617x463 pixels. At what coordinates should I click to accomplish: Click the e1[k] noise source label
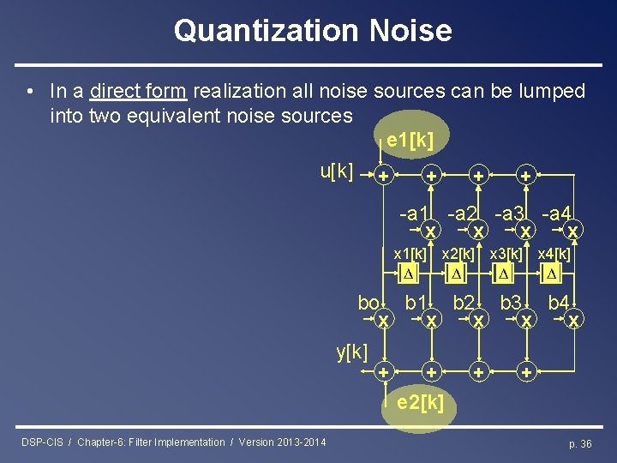tap(410, 140)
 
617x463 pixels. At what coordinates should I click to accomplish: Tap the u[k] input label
tap(337, 171)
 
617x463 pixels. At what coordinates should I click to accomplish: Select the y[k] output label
tap(352, 351)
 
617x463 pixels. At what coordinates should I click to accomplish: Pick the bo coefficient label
tap(368, 303)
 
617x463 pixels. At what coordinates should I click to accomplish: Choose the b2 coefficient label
tap(464, 303)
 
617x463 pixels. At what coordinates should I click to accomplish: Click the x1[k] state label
tap(410, 254)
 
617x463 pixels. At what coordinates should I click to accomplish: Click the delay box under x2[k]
tap(457, 274)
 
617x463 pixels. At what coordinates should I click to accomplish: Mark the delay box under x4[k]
tap(552, 274)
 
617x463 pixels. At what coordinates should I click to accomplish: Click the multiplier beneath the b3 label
tap(527, 320)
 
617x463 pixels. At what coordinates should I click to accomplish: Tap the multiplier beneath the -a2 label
tap(479, 231)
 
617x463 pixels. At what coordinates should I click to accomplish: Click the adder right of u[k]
tap(384, 176)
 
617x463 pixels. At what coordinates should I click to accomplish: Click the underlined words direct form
tap(141, 91)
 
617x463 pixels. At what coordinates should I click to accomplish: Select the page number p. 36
tap(580, 443)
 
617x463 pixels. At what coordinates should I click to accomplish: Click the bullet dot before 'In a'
tap(30, 91)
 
